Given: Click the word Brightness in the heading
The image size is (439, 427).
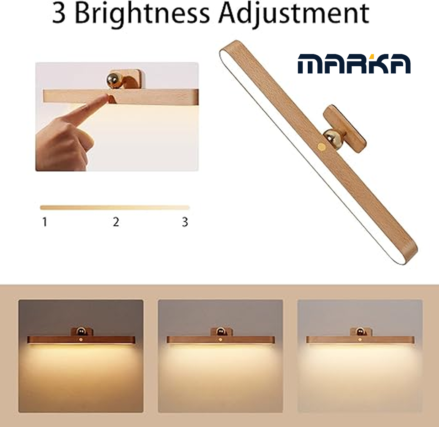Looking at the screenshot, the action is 142,14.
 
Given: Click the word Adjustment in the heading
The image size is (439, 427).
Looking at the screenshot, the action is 294,14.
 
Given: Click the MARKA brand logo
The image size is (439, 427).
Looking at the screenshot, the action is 354,64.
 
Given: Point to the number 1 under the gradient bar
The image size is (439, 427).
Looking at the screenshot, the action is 44,222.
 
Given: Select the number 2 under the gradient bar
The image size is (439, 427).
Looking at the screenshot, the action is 116,222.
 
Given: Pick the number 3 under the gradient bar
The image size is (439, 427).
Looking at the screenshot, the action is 185,222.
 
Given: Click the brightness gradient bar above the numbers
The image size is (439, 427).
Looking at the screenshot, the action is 115,207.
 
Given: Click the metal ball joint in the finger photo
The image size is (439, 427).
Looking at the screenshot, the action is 114,81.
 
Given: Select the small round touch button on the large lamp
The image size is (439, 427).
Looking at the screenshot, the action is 321,146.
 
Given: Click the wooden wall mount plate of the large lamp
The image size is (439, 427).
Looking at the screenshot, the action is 345,129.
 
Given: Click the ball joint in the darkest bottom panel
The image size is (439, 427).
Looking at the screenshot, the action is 81,332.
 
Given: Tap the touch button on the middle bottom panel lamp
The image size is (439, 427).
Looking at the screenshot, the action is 220,340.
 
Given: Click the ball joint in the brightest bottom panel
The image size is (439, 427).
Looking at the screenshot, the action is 360,332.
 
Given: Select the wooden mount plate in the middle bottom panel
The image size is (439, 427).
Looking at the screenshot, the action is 222,332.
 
